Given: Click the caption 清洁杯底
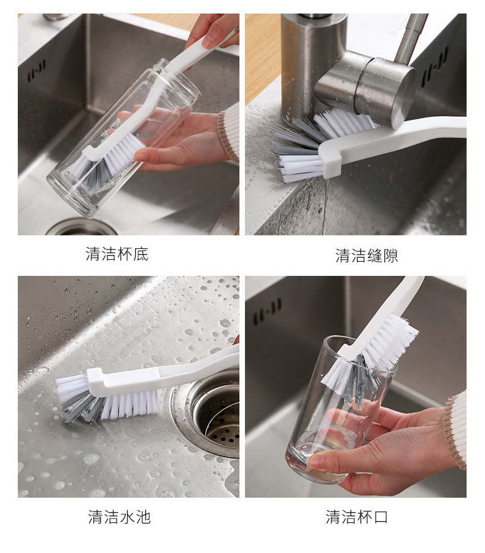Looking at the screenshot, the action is pos(117,254).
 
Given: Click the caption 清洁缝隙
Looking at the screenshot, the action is pos(367,256).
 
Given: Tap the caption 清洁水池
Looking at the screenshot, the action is pos(120,517).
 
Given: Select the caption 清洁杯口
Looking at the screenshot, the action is pos(357,517).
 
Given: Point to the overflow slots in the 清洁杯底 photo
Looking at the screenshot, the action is pos(37,71).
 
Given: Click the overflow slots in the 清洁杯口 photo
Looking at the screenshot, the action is pos(267,312).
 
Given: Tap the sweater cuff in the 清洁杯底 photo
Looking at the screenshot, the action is pos(228,134).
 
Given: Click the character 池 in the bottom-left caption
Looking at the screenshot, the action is pos(143,517).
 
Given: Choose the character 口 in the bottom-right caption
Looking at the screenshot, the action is pos(381,517).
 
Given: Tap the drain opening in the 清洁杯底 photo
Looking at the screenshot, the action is pos(80,227).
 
